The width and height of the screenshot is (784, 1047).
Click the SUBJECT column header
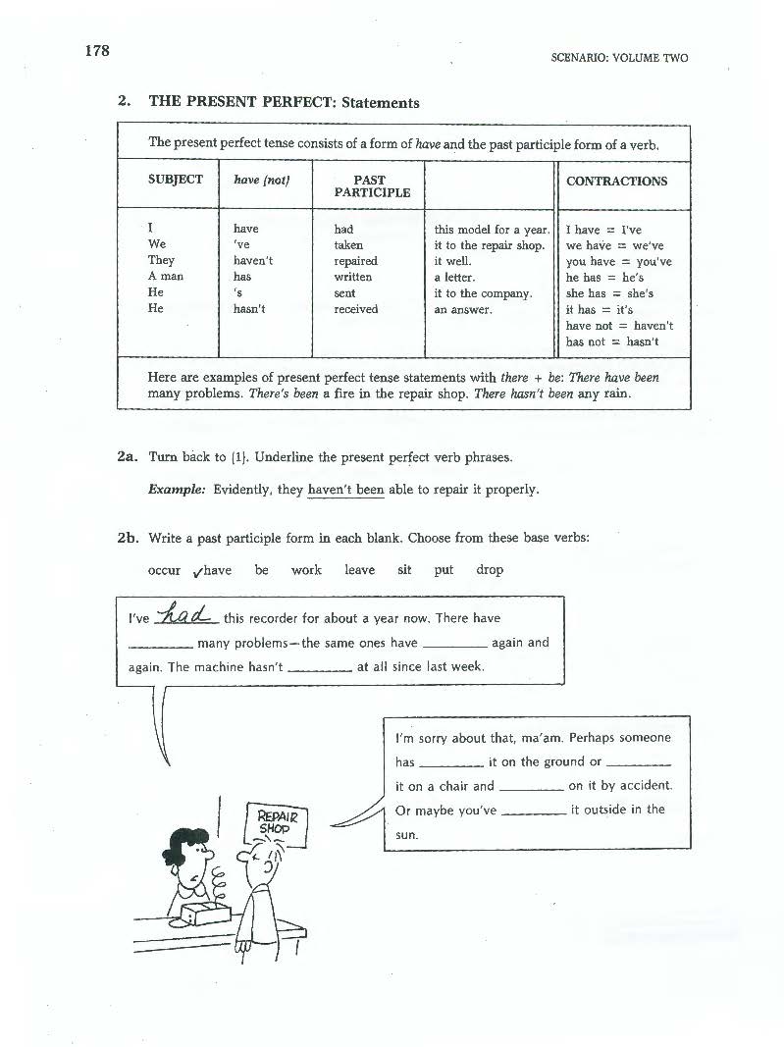[176, 180]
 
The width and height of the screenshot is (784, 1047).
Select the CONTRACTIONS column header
[616, 181]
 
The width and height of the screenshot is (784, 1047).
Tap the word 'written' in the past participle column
[353, 277]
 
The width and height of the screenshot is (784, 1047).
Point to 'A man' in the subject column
[165, 277]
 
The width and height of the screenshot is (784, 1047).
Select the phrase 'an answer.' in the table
[462, 309]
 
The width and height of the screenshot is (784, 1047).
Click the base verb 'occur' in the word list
[164, 570]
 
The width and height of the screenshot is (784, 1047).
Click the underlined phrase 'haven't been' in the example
[345, 490]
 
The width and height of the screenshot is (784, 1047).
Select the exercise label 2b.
[126, 538]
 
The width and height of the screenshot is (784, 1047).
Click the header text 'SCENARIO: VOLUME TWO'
[619, 58]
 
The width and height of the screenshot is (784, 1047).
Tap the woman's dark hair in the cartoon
[185, 840]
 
